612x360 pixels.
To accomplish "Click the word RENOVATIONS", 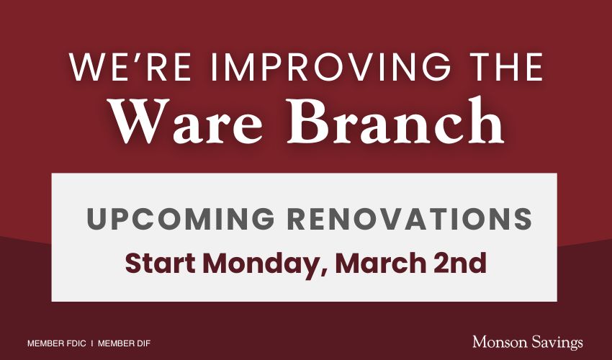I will click(x=417, y=219).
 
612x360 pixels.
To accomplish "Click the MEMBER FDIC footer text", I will click(x=56, y=343).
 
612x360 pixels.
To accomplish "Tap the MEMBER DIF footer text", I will click(x=124, y=343).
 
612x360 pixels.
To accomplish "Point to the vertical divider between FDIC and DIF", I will click(x=92, y=343).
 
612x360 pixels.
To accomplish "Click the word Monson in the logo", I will click(x=498, y=342).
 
